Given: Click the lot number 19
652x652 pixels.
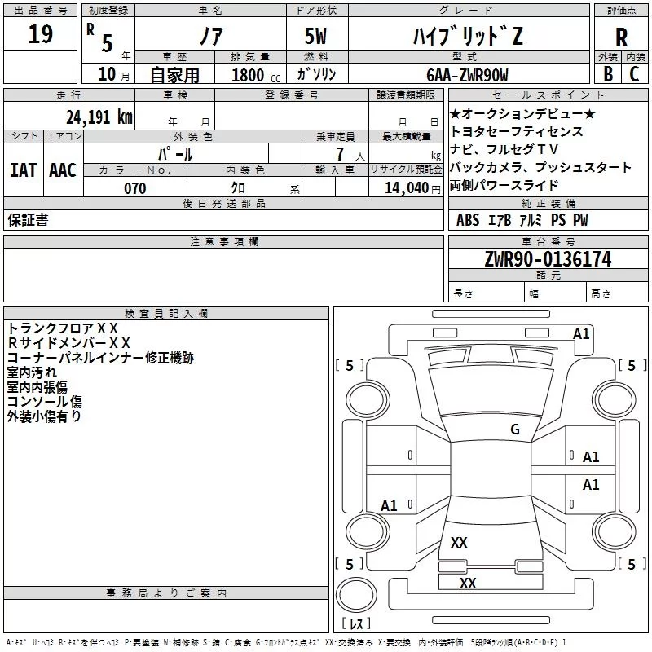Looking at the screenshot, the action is [x=40, y=34].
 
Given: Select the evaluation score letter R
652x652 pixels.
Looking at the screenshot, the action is [x=621, y=37].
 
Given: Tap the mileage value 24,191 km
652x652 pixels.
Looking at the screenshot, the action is [x=99, y=117].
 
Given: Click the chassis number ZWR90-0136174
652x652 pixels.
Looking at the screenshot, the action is [x=548, y=259].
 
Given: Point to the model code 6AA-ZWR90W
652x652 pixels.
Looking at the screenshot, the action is [x=467, y=75].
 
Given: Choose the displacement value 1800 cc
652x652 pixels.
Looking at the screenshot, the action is [x=256, y=75].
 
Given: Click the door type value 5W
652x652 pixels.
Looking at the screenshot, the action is [x=315, y=36].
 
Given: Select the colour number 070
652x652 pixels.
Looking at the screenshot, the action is [x=135, y=188].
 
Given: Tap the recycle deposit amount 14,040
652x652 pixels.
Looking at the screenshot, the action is [x=407, y=188].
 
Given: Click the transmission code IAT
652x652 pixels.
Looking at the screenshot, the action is [x=24, y=170].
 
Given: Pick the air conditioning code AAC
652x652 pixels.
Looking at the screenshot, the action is [x=63, y=170].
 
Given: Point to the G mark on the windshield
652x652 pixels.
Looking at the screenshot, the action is [x=515, y=429].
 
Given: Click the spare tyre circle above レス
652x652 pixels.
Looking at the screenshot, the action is [x=356, y=595].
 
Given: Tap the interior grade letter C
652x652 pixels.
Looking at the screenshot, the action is [x=634, y=74].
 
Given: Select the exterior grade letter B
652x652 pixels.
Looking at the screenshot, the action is [x=608, y=74].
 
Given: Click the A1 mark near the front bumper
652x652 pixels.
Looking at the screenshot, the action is [x=581, y=334].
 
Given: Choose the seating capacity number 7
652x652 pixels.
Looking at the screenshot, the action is [x=340, y=154].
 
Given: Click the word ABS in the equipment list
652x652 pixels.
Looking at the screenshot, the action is [x=468, y=220].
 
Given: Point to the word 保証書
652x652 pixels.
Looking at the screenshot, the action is [x=28, y=219].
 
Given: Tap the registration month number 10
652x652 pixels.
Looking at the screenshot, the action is [x=107, y=74].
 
